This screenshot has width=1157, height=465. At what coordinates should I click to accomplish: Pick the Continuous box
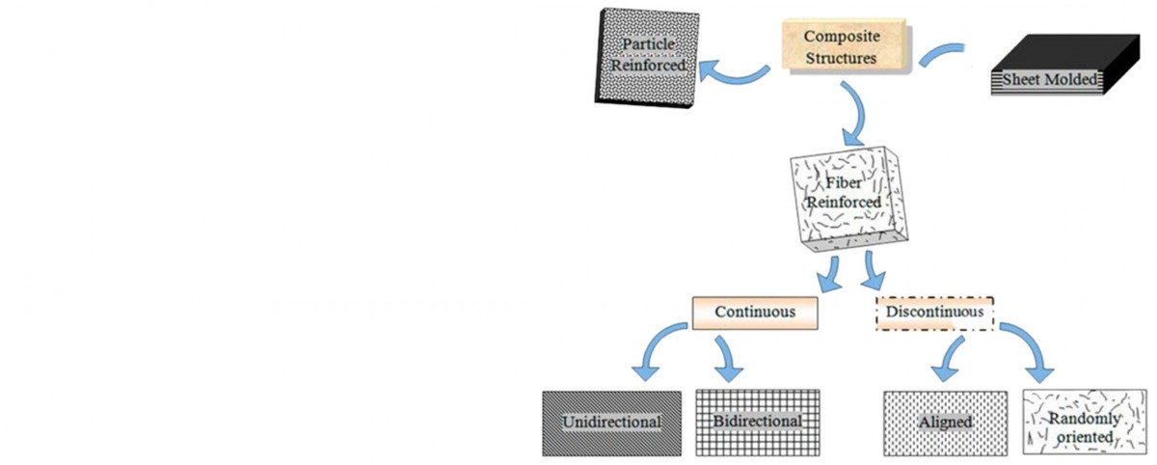tap(755, 313)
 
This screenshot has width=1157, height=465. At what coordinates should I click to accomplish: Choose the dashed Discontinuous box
tap(934, 313)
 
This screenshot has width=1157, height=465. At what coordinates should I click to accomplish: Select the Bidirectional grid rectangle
tap(757, 422)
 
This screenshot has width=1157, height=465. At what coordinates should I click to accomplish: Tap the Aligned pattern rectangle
tap(945, 422)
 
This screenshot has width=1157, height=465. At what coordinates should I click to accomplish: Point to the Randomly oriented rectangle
tap(1084, 422)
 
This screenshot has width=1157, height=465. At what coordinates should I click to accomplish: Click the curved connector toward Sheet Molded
tap(940, 53)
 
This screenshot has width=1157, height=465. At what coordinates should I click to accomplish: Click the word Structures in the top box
tap(842, 57)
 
